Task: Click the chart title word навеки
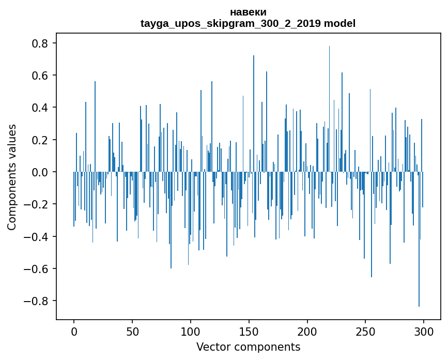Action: (248, 12)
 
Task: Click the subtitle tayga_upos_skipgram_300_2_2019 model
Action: (248, 23)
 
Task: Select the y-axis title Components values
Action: (12, 177)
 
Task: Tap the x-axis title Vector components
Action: (248, 347)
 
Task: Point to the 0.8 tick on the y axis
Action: (40, 43)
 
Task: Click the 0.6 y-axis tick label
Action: (40, 76)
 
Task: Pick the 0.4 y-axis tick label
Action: (40, 108)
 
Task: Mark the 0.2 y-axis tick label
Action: (40, 140)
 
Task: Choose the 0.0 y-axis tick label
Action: (40, 172)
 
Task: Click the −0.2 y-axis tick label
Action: (37, 204)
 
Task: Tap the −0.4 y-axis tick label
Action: (37, 237)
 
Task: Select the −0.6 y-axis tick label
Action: (37, 269)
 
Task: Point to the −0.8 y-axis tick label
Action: (37, 301)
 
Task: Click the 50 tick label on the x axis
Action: (132, 331)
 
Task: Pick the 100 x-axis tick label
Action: (191, 331)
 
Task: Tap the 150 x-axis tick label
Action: (249, 331)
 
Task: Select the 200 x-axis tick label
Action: (307, 331)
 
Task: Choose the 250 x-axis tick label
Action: (366, 331)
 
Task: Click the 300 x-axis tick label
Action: (424, 331)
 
